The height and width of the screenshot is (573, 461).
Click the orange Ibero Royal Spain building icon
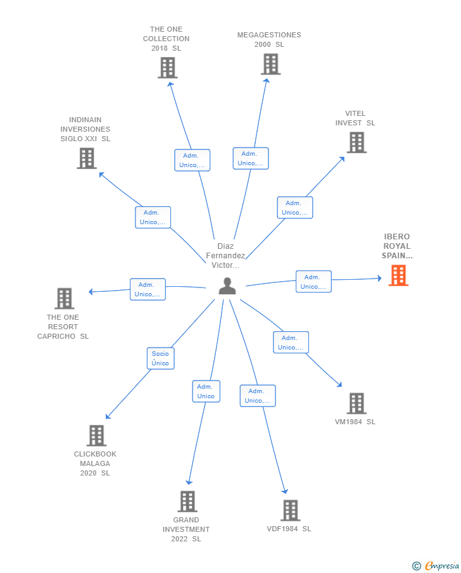[398, 275]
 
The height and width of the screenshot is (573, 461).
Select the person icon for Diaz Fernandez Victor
[227, 287]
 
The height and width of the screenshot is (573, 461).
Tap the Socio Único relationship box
[160, 358]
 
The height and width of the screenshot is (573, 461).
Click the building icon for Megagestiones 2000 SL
[270, 64]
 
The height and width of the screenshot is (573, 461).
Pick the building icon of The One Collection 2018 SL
[167, 68]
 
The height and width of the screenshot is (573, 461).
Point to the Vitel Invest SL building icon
[357, 142]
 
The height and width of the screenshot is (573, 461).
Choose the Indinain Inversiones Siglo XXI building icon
[87, 158]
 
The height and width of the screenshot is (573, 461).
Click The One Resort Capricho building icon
[64, 298]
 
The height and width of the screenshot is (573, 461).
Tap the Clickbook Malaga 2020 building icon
[96, 436]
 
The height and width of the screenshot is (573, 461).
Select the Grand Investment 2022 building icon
[187, 501]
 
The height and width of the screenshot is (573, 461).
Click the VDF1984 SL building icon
[290, 510]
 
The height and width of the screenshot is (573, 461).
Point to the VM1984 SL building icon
[357, 403]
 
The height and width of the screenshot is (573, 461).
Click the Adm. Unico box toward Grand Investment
[206, 391]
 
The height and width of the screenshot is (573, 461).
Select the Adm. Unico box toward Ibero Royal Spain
[313, 282]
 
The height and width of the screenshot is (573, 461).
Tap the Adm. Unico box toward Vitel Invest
[294, 208]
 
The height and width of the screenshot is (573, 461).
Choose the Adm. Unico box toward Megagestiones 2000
[251, 158]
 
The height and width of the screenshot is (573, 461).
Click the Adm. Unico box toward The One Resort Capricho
[148, 289]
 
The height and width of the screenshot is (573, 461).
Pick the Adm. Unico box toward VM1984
[291, 343]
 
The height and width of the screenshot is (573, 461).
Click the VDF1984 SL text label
[289, 529]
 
